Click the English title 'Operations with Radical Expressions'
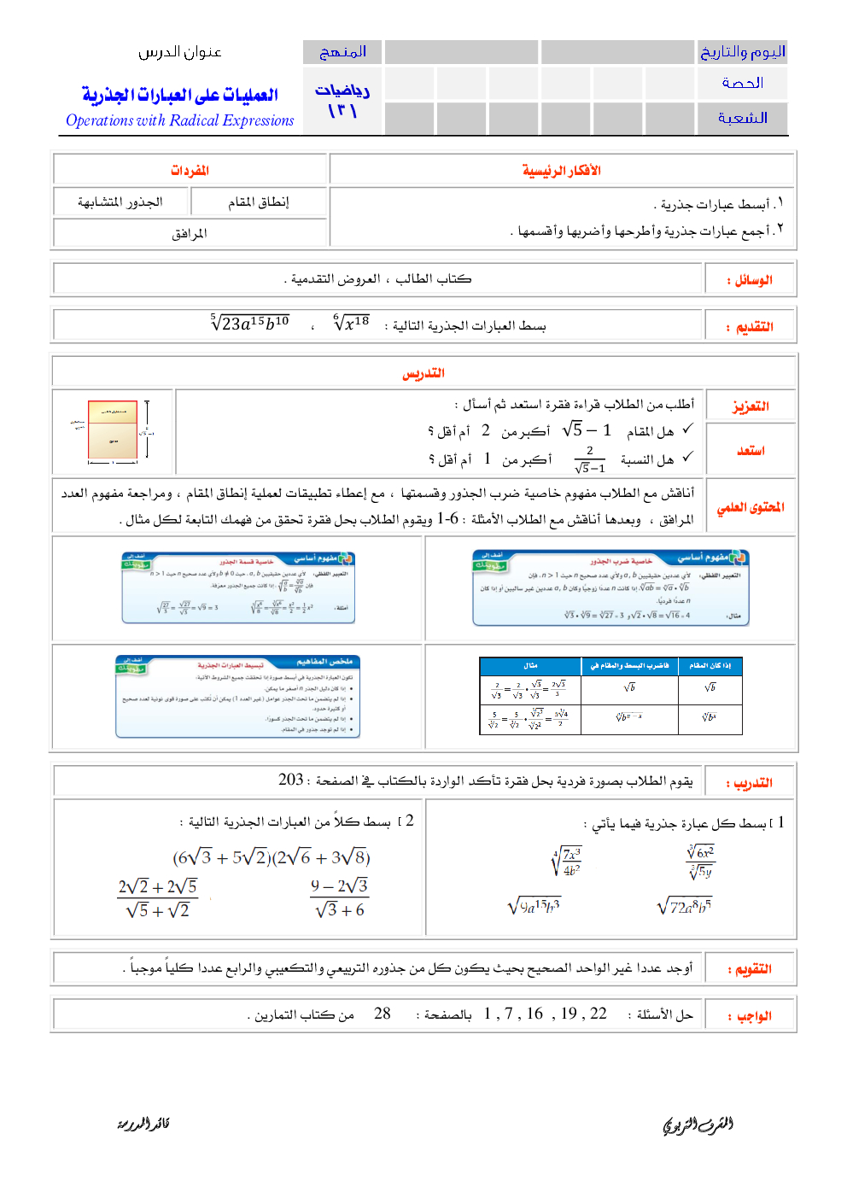point(179,120)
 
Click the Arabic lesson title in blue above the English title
point(179,95)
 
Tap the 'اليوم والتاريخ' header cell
point(742,52)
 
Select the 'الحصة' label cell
point(742,83)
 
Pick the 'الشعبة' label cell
point(742,118)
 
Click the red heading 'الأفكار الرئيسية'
point(561,171)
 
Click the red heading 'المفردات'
point(190,171)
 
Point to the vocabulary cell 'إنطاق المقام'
point(258,202)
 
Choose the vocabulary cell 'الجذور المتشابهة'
point(120,202)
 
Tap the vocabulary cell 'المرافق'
point(190,233)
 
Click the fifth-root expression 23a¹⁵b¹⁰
point(250,323)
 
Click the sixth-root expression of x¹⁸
point(351,323)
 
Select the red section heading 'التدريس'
point(423,373)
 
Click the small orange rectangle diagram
point(113,430)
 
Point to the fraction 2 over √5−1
point(589,459)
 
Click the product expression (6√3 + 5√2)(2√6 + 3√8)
point(272,857)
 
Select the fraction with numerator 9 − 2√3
point(339,898)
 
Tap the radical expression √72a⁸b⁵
point(684,906)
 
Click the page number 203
point(291,780)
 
